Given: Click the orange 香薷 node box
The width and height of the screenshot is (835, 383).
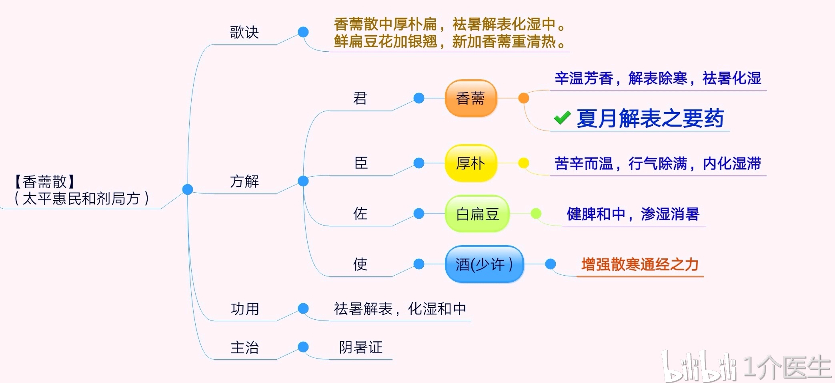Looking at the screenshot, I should [471, 99].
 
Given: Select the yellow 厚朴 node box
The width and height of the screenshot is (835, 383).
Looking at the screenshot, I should [471, 163].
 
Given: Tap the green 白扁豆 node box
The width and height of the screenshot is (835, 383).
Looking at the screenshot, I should [477, 214].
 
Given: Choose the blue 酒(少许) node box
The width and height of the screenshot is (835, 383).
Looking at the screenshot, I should [484, 264].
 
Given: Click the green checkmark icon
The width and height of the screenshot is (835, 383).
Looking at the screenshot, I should [562, 118].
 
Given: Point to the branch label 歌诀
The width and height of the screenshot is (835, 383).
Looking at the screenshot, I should [244, 32].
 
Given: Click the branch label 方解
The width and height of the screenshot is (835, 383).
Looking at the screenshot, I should [244, 181].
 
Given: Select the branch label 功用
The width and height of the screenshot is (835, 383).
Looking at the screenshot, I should [245, 309].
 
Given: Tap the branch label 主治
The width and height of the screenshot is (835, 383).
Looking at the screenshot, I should [244, 347].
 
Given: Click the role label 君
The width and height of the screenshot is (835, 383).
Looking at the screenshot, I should [360, 98].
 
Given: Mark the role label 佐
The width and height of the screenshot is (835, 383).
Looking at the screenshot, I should [360, 214].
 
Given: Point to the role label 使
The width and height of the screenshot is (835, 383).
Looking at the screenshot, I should [360, 264].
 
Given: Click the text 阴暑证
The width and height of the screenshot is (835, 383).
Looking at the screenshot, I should [361, 347].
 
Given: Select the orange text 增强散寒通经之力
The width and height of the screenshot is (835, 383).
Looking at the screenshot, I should [640, 265].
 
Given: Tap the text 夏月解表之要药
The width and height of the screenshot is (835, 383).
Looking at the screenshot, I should [650, 119].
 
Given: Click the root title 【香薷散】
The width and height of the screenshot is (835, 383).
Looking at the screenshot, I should [45, 181].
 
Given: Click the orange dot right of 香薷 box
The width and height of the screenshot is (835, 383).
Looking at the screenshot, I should [523, 98].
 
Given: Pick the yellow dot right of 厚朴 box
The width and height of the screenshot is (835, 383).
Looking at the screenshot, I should [523, 163].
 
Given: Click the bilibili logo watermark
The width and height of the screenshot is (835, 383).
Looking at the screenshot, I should [698, 366].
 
